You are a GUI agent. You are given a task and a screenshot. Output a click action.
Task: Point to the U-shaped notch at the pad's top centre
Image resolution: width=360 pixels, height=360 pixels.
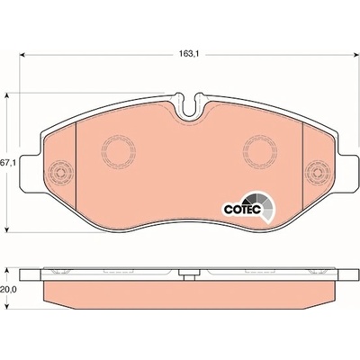189,105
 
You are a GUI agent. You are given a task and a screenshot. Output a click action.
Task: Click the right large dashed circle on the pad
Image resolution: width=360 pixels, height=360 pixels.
260,152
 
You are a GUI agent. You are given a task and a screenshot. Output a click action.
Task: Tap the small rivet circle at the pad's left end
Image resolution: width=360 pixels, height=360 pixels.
61,173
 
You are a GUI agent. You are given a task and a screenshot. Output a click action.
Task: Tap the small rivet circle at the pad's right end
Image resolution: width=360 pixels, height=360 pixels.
318,173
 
